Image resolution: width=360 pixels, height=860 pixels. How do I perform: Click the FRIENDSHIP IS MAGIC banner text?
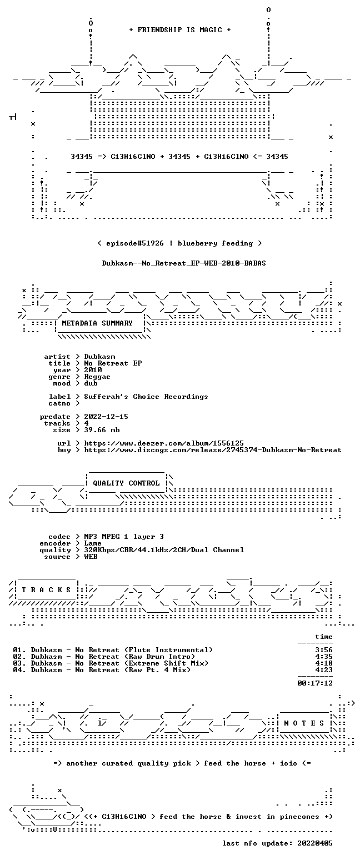pyautogui.click(x=180, y=29)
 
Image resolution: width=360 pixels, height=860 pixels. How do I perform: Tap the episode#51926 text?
pyautogui.click(x=134, y=243)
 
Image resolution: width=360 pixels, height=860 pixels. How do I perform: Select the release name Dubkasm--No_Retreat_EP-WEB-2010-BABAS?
pyautogui.click(x=184, y=263)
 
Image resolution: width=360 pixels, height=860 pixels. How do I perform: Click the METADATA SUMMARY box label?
pyautogui.click(x=97, y=323)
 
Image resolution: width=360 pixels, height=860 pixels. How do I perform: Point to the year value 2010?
pyautogui.click(x=93, y=370)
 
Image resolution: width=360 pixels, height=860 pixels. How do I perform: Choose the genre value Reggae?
pyautogui.click(x=97, y=377)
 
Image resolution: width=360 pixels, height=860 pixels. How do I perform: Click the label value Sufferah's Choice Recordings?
pyautogui.click(x=146, y=397)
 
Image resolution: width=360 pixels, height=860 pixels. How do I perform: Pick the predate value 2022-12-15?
pyautogui.click(x=106, y=417)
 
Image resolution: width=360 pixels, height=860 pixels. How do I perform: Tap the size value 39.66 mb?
pyautogui.click(x=102, y=430)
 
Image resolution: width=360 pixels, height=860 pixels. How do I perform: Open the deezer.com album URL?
pyautogui.click(x=164, y=443)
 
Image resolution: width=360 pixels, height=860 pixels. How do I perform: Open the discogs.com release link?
pyautogui.click(x=213, y=450)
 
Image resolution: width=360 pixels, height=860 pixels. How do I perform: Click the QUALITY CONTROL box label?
pyautogui.click(x=126, y=483)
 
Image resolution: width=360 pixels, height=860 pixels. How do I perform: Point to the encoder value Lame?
pyautogui.click(x=93, y=543)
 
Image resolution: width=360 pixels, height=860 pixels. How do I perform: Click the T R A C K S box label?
pyautogui.click(x=47, y=589)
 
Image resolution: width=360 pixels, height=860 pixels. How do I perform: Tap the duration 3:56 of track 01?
pyautogui.click(x=324, y=650)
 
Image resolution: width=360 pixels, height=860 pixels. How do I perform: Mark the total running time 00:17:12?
pyautogui.click(x=315, y=683)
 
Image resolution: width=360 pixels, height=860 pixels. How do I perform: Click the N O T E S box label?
pyautogui.click(x=304, y=723)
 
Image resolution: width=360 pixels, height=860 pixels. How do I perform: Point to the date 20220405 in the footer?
pyautogui.click(x=315, y=843)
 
